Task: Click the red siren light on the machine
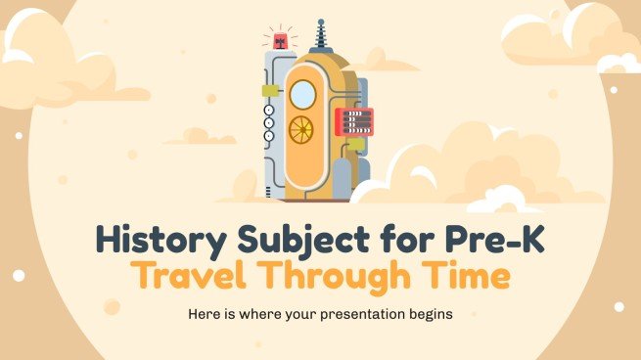[280, 41]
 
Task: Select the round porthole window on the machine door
[304, 93]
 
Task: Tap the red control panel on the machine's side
[353, 121]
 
